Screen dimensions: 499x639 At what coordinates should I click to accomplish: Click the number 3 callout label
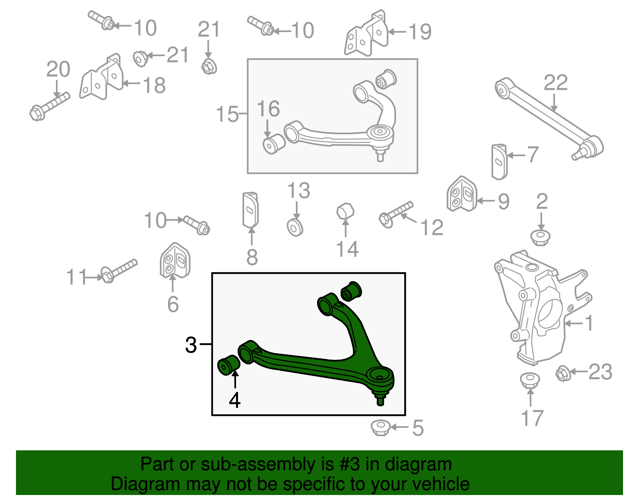(191, 345)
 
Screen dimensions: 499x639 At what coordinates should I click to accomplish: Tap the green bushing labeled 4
(228, 364)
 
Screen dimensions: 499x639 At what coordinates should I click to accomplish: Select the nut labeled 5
(380, 427)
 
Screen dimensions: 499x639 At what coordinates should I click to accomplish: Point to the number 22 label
(556, 83)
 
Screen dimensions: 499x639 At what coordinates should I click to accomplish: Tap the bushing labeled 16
(274, 144)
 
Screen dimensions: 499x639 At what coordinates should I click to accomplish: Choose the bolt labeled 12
(395, 213)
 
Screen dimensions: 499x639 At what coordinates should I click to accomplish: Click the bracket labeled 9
(462, 194)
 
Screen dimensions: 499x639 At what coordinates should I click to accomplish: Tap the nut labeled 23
(562, 374)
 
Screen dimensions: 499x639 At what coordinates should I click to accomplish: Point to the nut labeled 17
(530, 380)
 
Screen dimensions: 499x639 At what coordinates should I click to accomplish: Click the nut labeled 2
(540, 237)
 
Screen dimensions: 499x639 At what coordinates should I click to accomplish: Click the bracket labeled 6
(175, 260)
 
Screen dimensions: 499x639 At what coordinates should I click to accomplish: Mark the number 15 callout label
(227, 114)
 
